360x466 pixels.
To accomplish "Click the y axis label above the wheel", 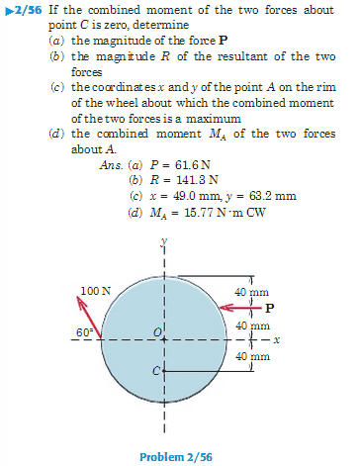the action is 165,240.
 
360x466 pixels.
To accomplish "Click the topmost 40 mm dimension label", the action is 252,292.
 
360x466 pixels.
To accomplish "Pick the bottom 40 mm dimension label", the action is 252,356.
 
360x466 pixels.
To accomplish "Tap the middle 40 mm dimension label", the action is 252,326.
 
